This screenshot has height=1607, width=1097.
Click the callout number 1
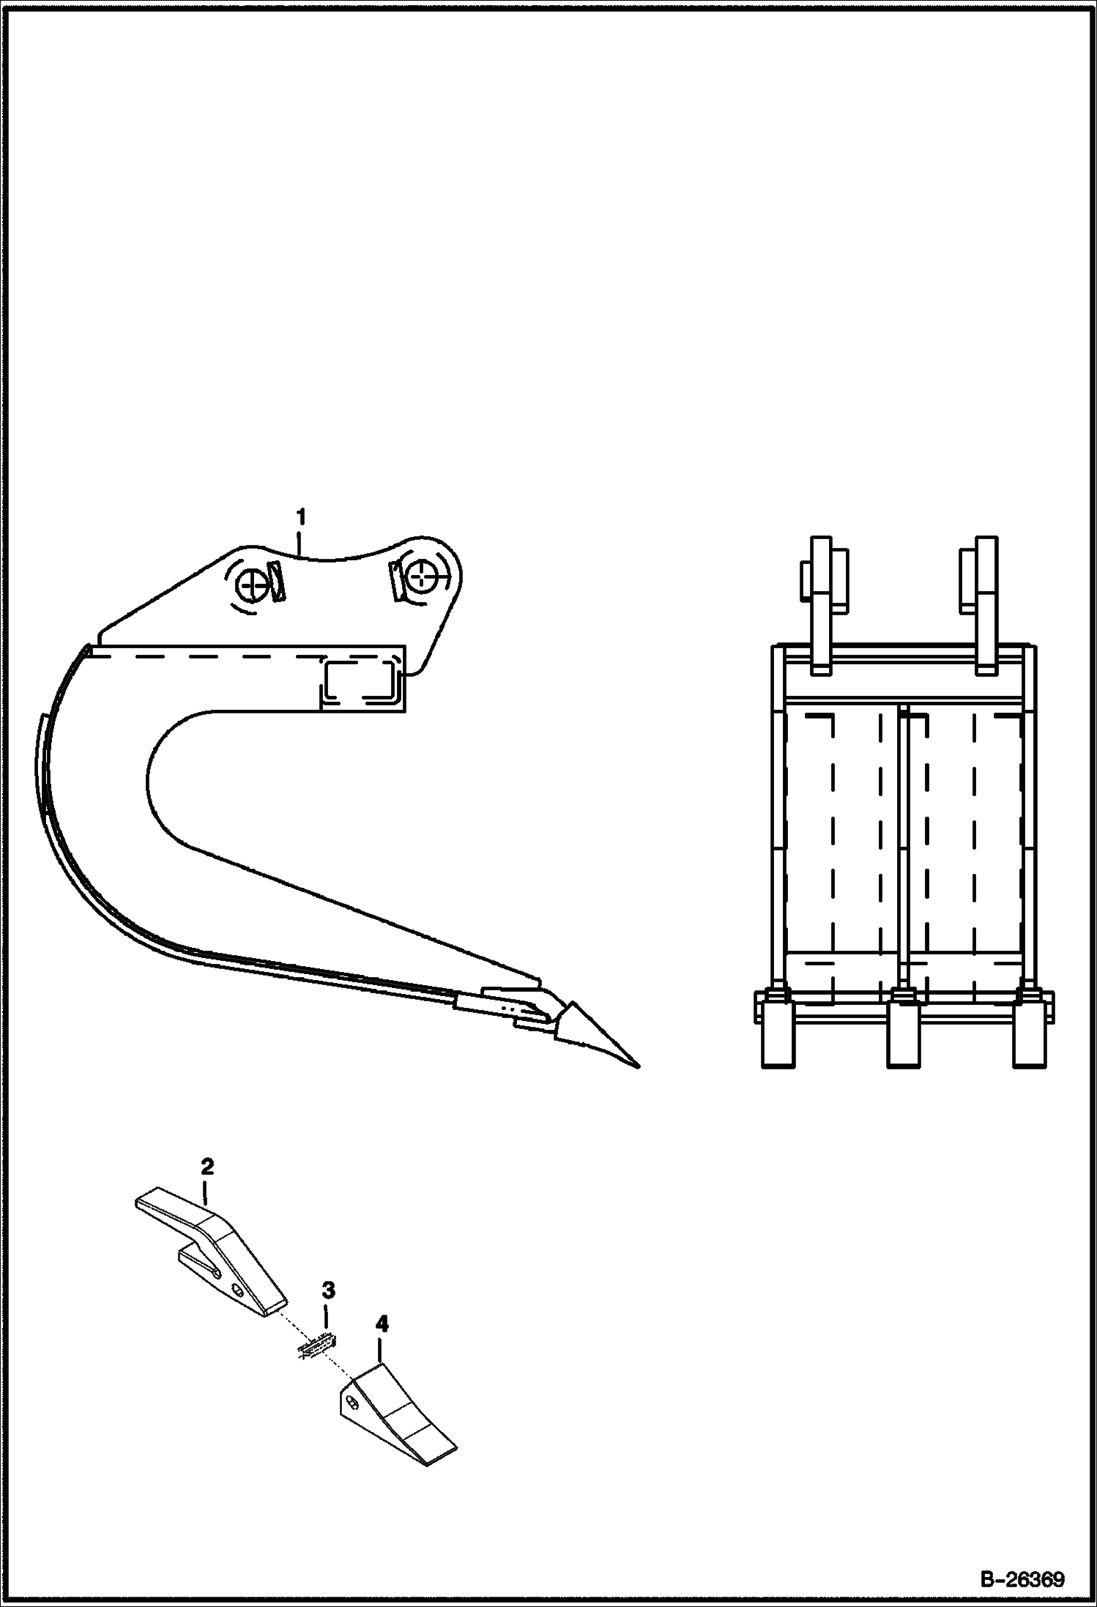pyautogui.click(x=300, y=516)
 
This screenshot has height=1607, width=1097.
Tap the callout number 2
pyautogui.click(x=207, y=1167)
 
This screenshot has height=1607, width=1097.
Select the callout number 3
pyautogui.click(x=329, y=1310)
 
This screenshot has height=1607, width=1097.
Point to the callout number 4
pyautogui.click(x=381, y=1344)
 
